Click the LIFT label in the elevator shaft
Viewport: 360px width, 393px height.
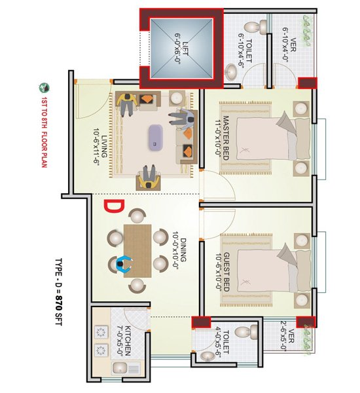click(185, 48)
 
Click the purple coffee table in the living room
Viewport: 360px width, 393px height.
click(156, 138)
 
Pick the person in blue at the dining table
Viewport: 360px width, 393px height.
click(124, 264)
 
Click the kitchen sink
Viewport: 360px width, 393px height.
click(119, 368)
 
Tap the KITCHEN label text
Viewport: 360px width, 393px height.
click(128, 341)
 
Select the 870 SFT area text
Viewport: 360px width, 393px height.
click(58, 310)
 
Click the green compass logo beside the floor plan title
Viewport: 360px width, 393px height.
click(44, 88)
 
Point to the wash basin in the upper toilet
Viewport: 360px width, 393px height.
click(231, 71)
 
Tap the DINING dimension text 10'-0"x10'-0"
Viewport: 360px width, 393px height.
click(175, 250)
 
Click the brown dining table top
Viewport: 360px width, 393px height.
click(137, 251)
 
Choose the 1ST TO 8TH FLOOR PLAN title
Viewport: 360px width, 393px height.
click(44, 132)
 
